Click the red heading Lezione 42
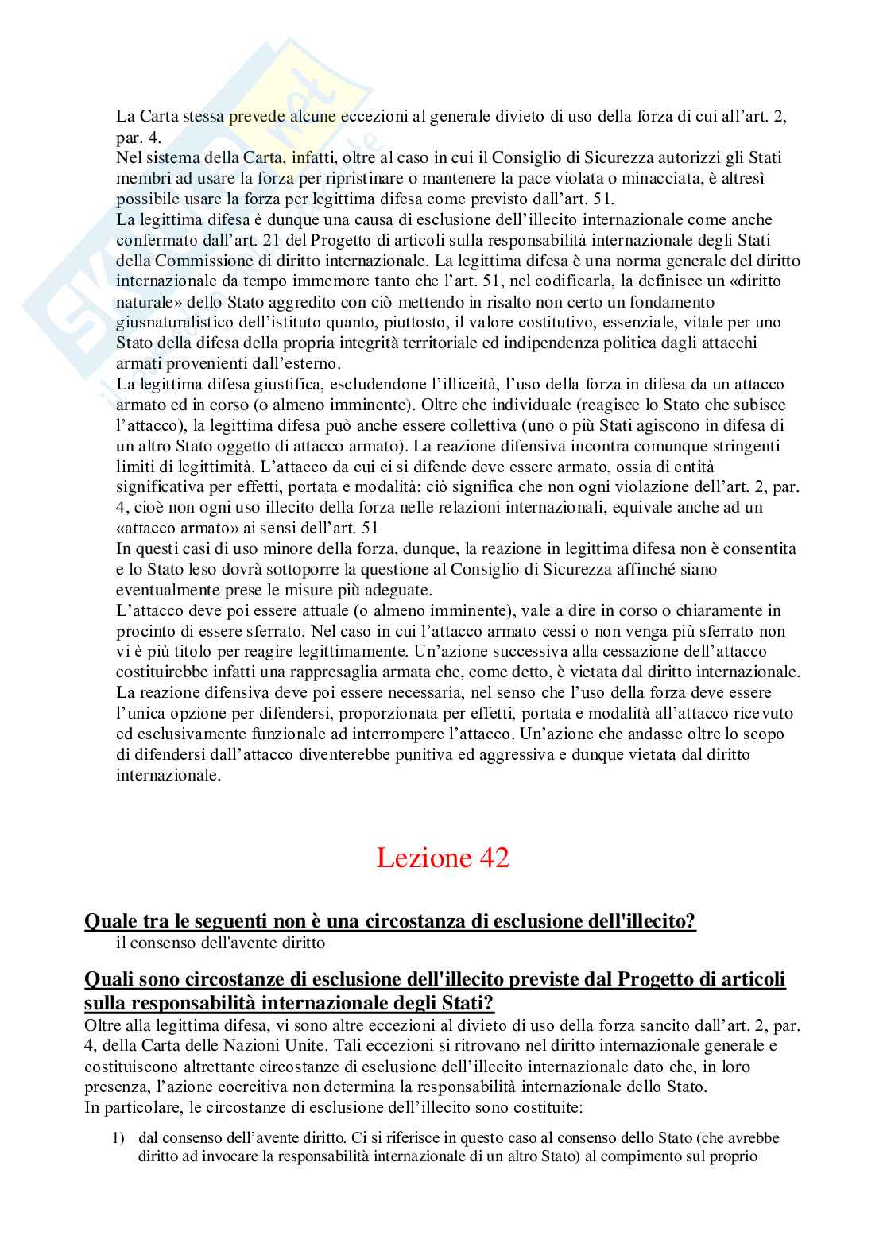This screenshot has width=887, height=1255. click(x=442, y=858)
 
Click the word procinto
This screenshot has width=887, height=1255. click(x=142, y=631)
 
